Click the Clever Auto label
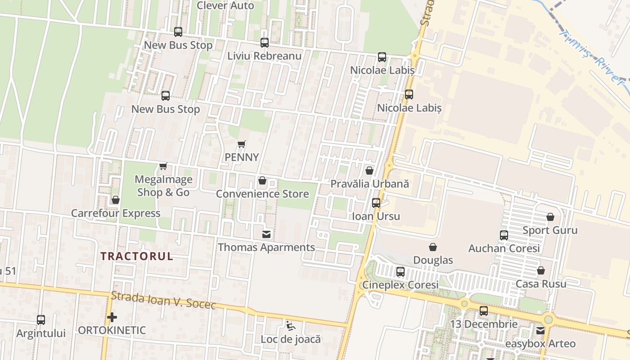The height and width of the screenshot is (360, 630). (x=225, y=5)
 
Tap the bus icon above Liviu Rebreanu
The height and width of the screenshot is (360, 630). (x=265, y=43)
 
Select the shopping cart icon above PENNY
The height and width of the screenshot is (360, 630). (x=242, y=144)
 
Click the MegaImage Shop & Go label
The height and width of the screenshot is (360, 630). (x=163, y=185)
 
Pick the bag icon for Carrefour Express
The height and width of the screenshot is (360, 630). (x=116, y=200)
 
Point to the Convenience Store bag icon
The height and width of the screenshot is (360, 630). (x=262, y=181)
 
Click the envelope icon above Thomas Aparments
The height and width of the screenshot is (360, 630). (x=266, y=234)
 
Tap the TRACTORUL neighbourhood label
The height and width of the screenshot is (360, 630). (x=137, y=256)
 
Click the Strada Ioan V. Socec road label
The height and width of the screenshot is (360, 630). (x=163, y=301)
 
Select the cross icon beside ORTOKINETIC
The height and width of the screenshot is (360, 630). (x=112, y=318)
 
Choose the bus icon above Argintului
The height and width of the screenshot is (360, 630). (x=41, y=320)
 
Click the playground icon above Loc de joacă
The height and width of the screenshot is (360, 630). (x=291, y=325)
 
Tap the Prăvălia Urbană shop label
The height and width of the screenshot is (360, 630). (x=369, y=184)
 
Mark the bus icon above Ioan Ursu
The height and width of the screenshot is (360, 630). (x=376, y=203)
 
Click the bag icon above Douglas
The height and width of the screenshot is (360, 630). (x=433, y=247)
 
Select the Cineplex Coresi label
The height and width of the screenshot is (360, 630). (x=400, y=285)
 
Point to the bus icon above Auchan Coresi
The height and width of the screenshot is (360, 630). (x=504, y=235)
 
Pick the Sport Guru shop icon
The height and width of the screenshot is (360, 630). (x=550, y=217)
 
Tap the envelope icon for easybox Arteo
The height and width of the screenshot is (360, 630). (x=540, y=331)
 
